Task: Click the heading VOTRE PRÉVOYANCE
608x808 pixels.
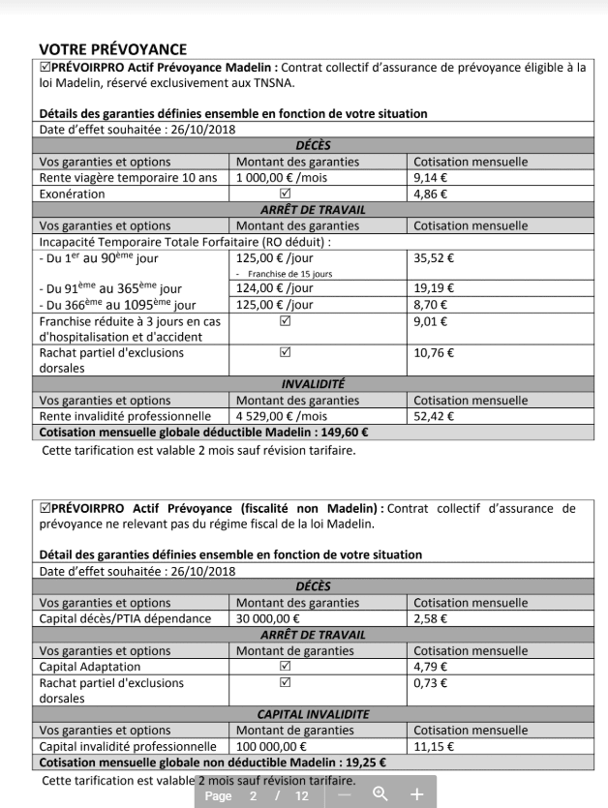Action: click(112, 48)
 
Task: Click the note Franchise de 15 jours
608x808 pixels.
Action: click(289, 274)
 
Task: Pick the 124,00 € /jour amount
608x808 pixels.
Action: click(275, 288)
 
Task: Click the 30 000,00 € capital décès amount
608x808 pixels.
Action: click(268, 618)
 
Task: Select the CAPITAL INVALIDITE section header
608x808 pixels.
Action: click(314, 713)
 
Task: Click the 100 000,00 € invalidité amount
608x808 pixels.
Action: click(272, 746)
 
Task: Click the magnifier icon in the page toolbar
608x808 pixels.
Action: click(380, 794)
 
